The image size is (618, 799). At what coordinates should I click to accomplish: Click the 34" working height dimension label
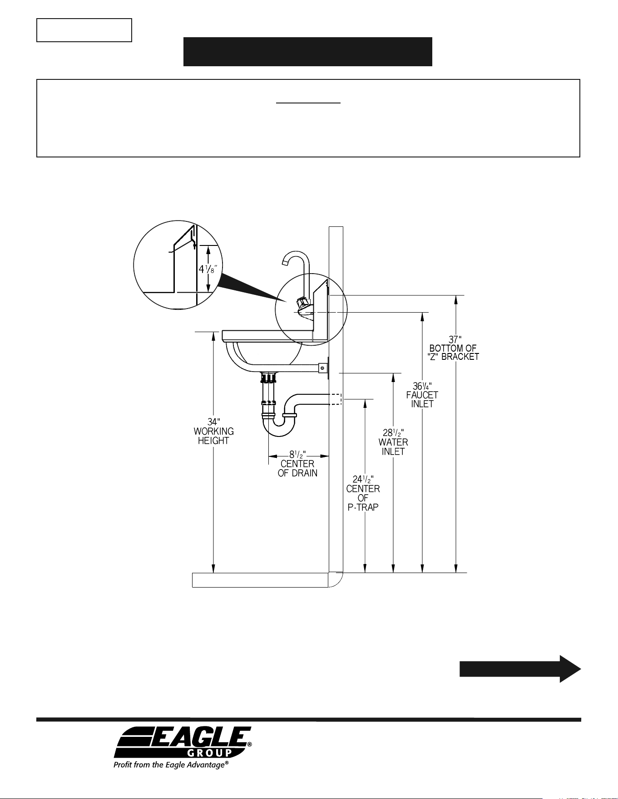[213, 431]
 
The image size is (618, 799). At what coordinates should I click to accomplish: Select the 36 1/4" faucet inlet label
[422, 395]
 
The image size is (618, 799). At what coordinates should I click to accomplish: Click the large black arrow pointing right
[520, 669]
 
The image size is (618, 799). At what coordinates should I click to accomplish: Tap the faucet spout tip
[285, 262]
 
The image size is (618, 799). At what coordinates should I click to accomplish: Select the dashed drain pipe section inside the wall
[335, 399]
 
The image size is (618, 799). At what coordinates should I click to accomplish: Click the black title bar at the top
[307, 52]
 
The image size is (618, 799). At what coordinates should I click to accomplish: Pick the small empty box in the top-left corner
[84, 30]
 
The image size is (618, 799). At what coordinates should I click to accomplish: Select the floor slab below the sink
[260, 580]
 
